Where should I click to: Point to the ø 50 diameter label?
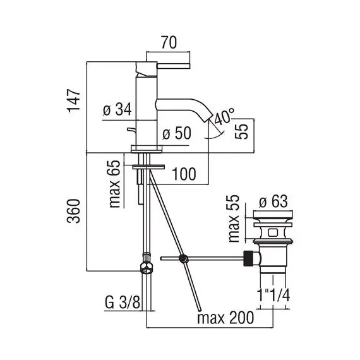(177, 135)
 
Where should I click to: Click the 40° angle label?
(225, 117)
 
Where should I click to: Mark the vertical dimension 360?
(75, 213)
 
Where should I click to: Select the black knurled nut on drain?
(250, 258)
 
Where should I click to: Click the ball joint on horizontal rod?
(183, 258)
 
